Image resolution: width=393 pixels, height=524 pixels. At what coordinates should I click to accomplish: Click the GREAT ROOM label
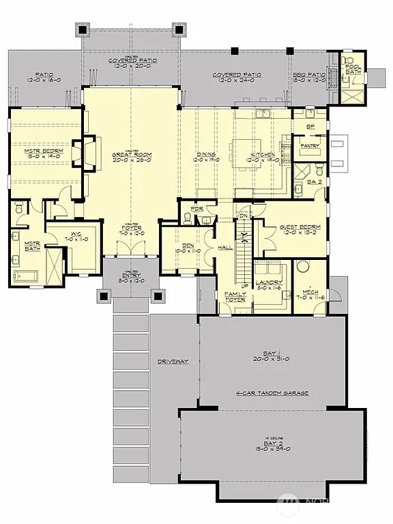click(132, 156)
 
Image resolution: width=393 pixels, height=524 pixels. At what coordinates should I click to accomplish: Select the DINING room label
click(206, 155)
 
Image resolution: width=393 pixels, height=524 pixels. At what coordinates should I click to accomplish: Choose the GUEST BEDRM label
click(295, 228)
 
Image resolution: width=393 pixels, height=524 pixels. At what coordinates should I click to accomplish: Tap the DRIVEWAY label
click(172, 361)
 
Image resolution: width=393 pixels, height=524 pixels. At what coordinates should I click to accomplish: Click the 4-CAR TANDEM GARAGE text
click(272, 393)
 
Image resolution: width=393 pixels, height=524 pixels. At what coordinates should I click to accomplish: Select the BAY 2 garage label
click(272, 444)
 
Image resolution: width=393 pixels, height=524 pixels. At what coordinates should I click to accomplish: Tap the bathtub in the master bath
click(30, 276)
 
